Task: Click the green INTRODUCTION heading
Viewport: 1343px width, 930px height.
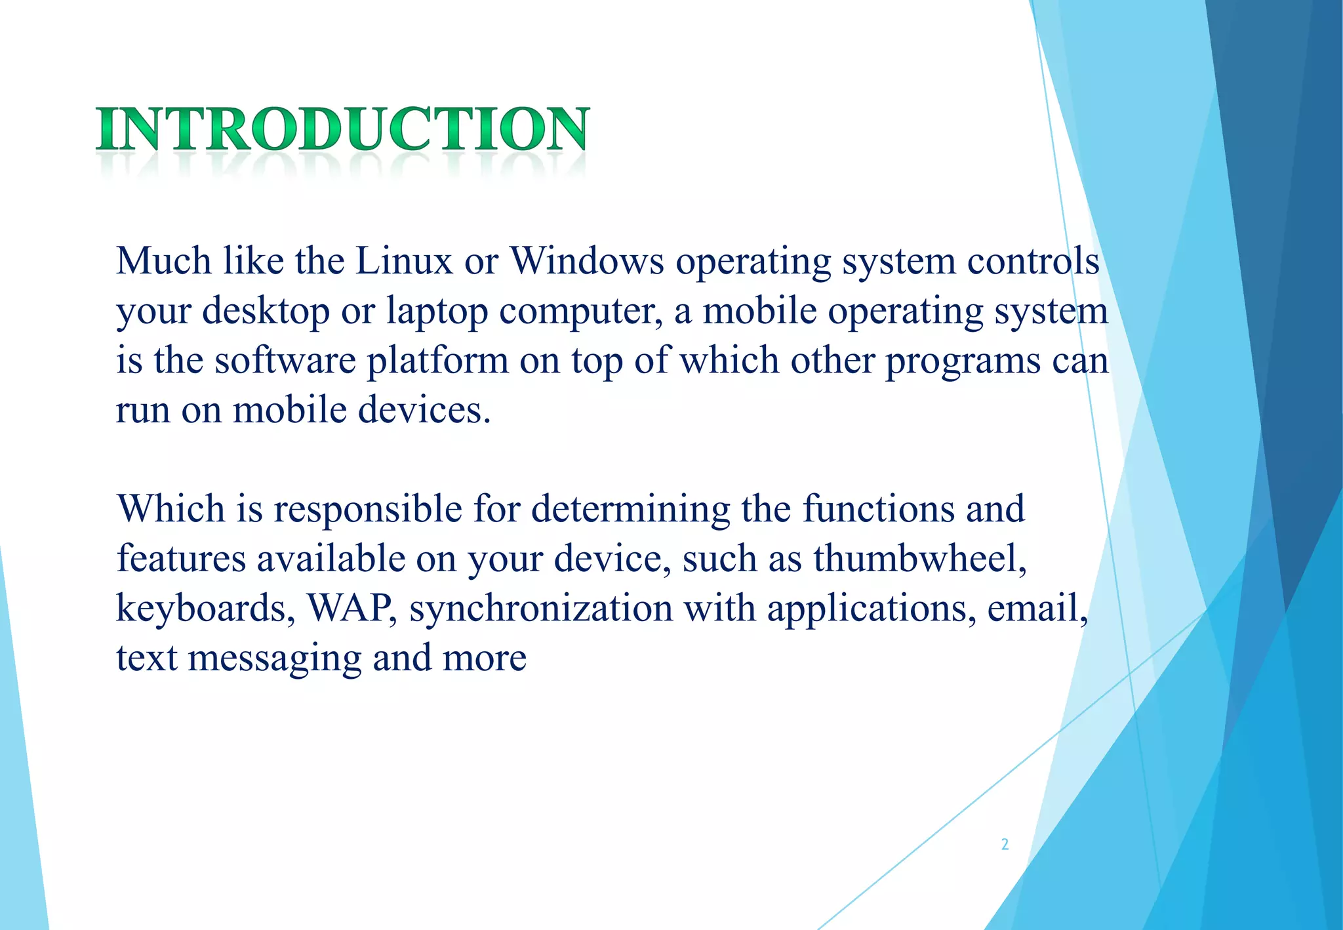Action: pyautogui.click(x=343, y=129)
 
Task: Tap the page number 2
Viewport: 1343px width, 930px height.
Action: pyautogui.click(x=1005, y=844)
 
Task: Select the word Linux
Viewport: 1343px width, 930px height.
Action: pyautogui.click(x=404, y=261)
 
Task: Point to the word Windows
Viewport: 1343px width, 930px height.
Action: pyautogui.click(x=587, y=261)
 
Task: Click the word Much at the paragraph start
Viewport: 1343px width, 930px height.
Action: pyautogui.click(x=164, y=261)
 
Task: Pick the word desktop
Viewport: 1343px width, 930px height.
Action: pyautogui.click(x=266, y=311)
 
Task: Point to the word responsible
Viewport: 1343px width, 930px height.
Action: pyautogui.click(x=368, y=510)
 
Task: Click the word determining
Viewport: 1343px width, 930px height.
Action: pyautogui.click(x=630, y=510)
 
